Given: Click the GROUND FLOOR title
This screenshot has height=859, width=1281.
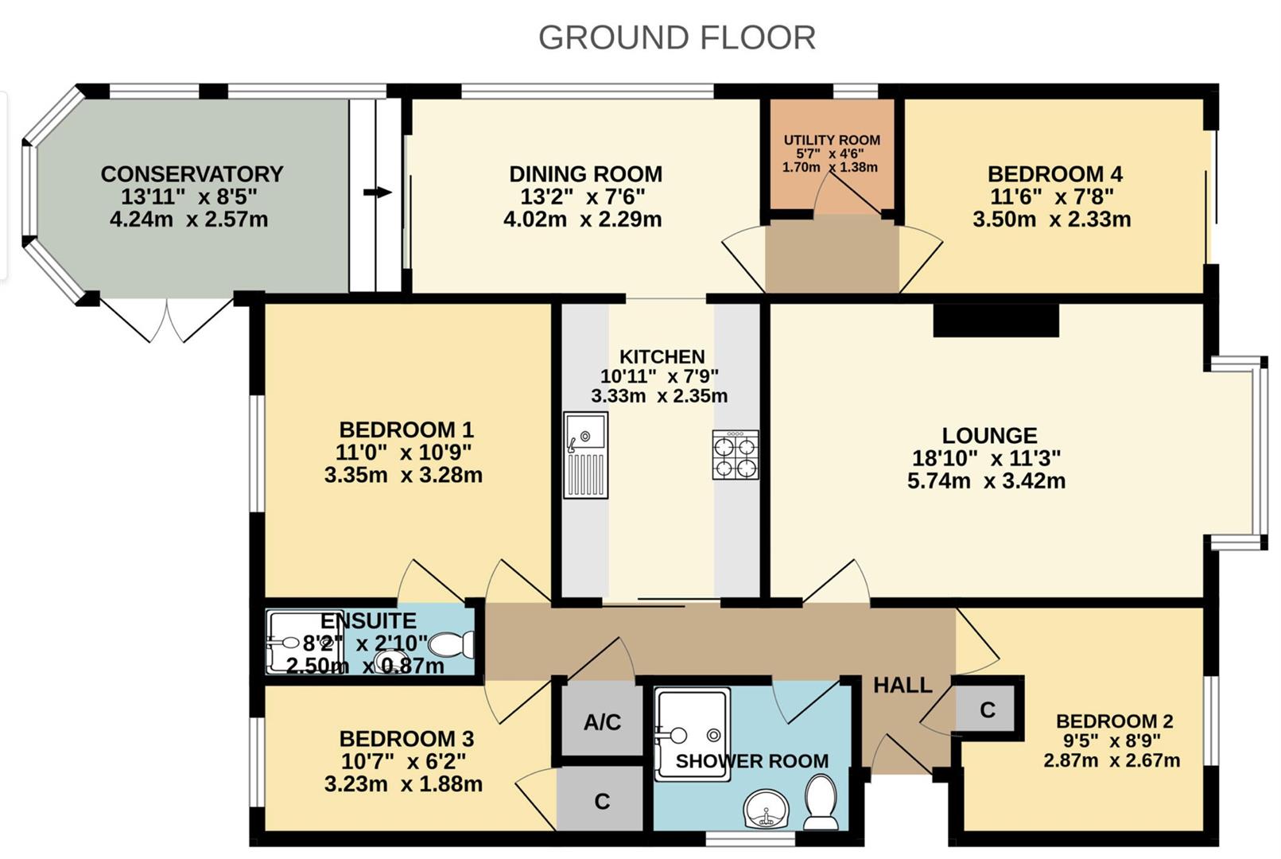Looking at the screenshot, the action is point(677,37).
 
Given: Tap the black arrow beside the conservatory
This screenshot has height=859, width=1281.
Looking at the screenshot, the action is point(378,192).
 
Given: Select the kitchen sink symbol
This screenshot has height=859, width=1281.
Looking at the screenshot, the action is point(585,455).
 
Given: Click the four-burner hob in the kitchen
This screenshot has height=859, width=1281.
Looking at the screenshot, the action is point(736,455).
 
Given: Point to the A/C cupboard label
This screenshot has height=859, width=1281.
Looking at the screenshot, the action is point(602,722).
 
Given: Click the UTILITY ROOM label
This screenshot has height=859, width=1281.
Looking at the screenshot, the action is point(832,140).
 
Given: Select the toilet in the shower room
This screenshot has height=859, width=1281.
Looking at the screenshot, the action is point(821,802).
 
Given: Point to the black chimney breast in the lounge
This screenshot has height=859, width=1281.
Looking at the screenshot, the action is point(996,320).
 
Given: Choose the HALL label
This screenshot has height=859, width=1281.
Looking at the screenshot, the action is point(903,685).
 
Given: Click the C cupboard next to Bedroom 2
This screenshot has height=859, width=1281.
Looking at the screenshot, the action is point(988,709).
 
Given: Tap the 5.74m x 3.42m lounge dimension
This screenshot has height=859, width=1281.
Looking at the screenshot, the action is point(987,481).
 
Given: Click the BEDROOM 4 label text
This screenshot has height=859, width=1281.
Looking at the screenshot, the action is point(1055,174).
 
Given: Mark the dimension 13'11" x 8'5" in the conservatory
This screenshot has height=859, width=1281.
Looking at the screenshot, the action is point(188,196).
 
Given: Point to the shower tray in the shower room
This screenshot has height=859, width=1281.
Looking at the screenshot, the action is point(693,734).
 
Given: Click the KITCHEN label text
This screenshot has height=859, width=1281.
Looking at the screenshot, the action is point(662,357).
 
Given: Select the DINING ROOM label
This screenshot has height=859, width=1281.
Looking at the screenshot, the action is point(585,174).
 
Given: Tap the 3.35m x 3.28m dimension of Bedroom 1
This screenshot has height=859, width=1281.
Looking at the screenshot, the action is point(403,476).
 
